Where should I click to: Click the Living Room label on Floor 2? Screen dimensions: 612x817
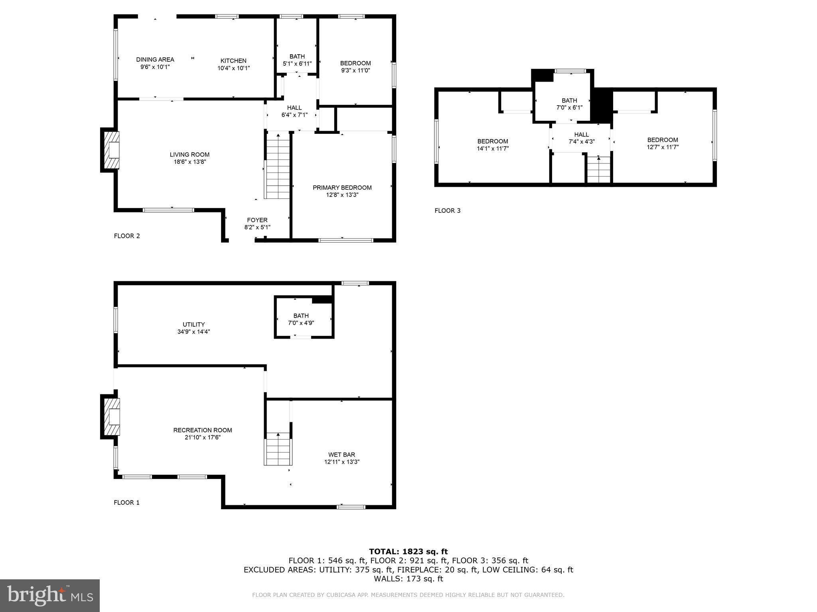(189, 155)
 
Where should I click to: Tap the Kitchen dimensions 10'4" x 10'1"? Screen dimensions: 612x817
(233, 68)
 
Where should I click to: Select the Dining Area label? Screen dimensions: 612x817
(155, 60)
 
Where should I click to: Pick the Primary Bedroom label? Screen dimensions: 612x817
(342, 188)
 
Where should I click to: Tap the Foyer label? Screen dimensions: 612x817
(257, 220)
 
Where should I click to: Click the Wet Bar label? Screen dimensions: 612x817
(341, 455)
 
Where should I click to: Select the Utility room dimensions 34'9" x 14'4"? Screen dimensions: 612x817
(194, 331)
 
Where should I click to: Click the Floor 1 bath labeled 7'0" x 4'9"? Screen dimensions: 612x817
(301, 319)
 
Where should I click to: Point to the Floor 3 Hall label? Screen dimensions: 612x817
(581, 135)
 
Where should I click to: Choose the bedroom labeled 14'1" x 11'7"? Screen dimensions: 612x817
(493, 145)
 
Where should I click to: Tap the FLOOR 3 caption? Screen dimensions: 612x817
(447, 210)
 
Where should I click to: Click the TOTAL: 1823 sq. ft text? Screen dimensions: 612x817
(408, 551)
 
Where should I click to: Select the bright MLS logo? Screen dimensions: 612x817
(50, 595)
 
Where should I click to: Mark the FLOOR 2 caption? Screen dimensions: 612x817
(127, 236)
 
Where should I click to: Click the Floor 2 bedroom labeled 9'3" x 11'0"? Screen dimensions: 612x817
(355, 67)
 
